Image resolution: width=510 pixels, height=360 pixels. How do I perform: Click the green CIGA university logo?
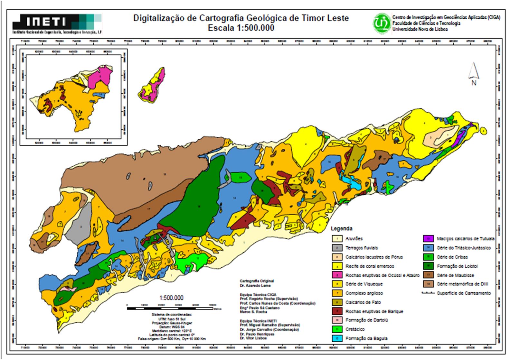(382, 22)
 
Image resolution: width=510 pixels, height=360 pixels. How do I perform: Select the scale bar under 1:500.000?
(170, 309)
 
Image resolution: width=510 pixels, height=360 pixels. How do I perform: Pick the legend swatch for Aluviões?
(337, 239)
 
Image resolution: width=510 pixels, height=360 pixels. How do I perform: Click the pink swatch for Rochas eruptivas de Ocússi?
(337, 275)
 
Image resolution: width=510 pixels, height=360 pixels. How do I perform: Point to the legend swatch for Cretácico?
(337, 329)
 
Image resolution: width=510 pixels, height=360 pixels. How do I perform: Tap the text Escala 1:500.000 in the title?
(241, 28)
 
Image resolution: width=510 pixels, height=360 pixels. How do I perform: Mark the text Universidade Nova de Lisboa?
(420, 29)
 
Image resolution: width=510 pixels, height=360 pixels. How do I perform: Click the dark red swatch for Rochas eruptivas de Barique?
(337, 311)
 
